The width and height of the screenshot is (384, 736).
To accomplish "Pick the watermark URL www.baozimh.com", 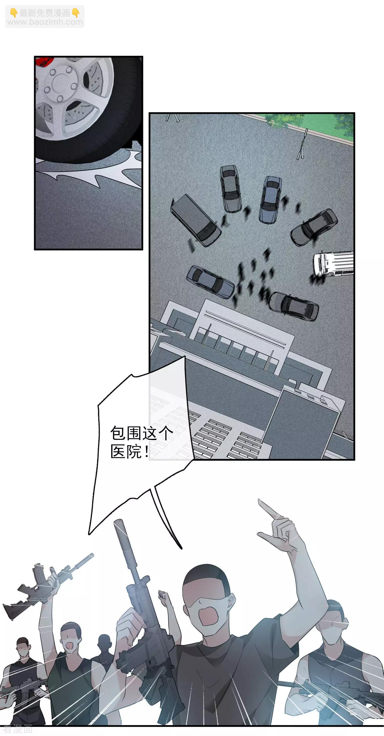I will click(45, 22).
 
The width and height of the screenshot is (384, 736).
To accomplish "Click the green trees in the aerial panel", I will click(282, 120).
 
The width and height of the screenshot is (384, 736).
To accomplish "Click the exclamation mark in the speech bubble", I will click(146, 452).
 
